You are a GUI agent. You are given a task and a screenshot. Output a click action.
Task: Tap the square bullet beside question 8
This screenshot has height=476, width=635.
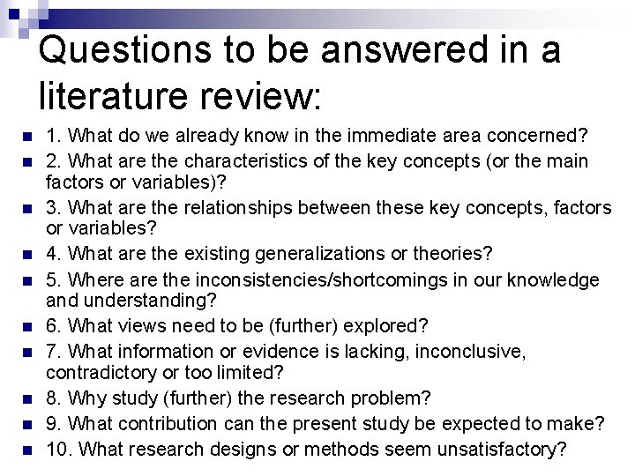(x=26, y=398)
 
